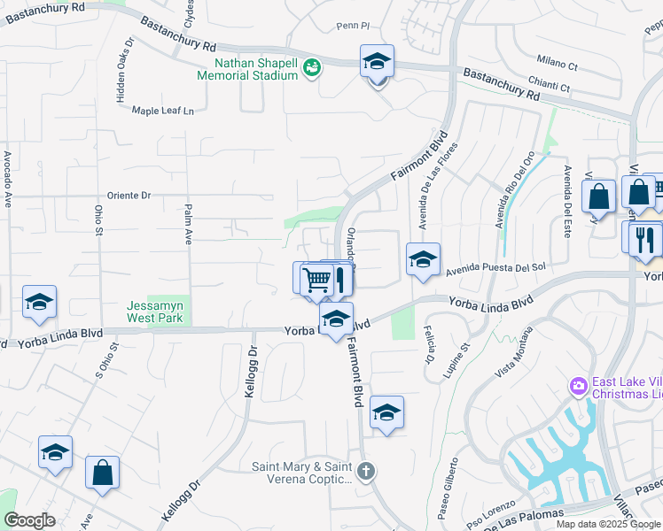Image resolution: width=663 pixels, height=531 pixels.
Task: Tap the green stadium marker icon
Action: [311, 67]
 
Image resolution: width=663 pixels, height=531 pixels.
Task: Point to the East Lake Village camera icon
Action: [578, 386]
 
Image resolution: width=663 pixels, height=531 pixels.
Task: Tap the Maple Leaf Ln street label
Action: [162, 111]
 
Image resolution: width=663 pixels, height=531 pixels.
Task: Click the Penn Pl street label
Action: [353, 27]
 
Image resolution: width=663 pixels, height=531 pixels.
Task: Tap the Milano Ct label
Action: [557, 63]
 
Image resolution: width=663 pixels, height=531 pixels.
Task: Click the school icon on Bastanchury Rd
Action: [377, 62]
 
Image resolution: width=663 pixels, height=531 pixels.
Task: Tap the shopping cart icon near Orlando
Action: [316, 280]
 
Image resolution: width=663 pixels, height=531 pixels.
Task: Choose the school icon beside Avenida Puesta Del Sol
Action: [423, 259]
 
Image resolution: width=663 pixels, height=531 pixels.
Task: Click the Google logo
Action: [29, 520]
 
